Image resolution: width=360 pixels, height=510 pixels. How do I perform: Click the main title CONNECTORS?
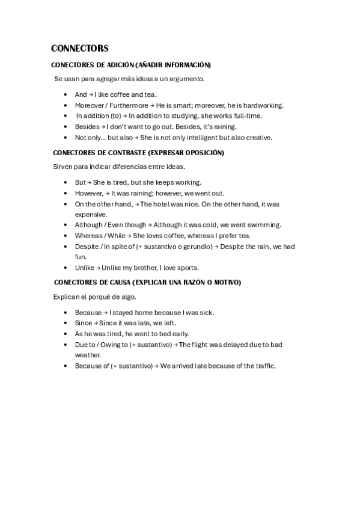79,48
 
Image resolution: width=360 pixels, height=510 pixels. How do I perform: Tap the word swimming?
263,225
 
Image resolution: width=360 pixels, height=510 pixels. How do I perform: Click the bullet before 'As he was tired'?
65,334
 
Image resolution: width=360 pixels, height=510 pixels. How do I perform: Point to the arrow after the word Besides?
103,127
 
